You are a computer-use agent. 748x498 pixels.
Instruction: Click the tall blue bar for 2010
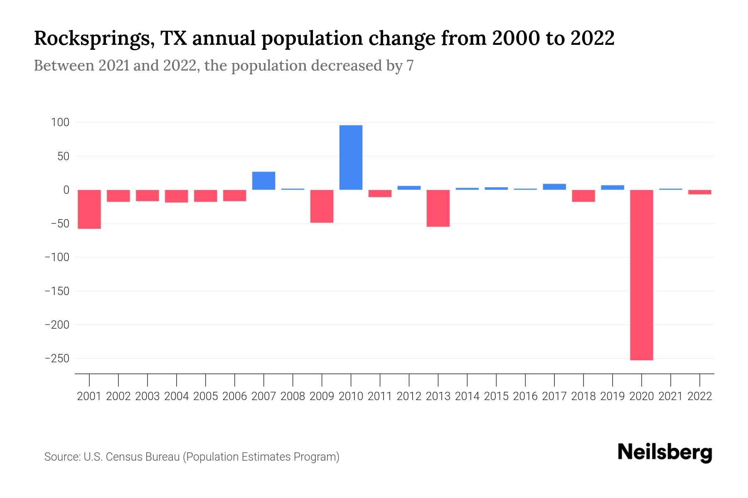coord(351,157)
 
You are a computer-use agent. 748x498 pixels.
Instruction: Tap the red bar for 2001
coord(89,209)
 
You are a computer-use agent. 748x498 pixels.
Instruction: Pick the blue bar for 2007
coord(263,181)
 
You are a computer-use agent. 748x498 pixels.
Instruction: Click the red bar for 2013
coord(438,208)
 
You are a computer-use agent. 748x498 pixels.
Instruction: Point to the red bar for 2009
coord(322,206)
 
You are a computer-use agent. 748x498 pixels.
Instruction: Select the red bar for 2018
coord(583,196)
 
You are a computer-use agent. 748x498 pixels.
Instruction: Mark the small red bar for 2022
coord(700,192)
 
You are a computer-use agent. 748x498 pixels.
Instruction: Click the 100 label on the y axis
coord(60,122)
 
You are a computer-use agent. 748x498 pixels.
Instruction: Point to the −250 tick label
coord(57,358)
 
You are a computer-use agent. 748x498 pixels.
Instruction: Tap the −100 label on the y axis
coord(57,257)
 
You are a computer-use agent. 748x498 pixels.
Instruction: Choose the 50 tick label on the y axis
coord(63,156)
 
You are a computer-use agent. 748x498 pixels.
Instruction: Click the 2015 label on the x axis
coord(496,396)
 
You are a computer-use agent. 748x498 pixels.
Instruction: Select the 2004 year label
coord(177,396)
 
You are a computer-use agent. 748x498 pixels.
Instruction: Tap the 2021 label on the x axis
coord(671,396)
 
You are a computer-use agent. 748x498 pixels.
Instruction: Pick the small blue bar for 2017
coord(554,187)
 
